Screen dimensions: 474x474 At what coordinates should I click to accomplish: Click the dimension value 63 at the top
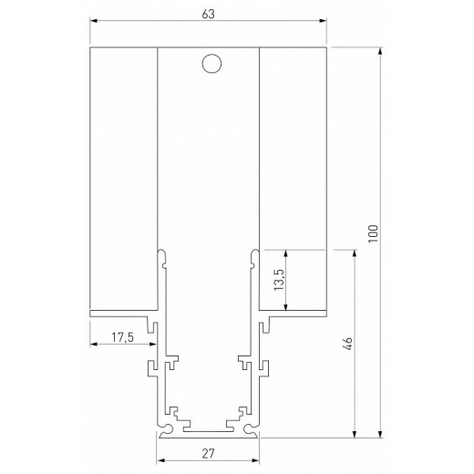[209, 14]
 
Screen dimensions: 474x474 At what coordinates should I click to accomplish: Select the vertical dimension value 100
[371, 235]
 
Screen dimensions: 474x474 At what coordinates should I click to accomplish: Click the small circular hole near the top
[211, 64]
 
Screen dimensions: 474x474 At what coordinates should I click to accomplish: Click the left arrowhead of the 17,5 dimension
[94, 345]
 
